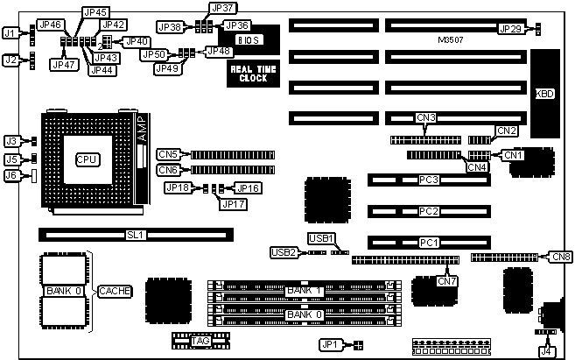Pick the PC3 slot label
tap(428, 180)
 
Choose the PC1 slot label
tap(428, 242)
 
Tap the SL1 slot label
tap(134, 235)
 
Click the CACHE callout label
tap(115, 291)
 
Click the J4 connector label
tap(547, 351)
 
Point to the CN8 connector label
tap(560, 257)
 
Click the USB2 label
tap(284, 252)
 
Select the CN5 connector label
tap(169, 154)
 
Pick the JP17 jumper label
tap(234, 204)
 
